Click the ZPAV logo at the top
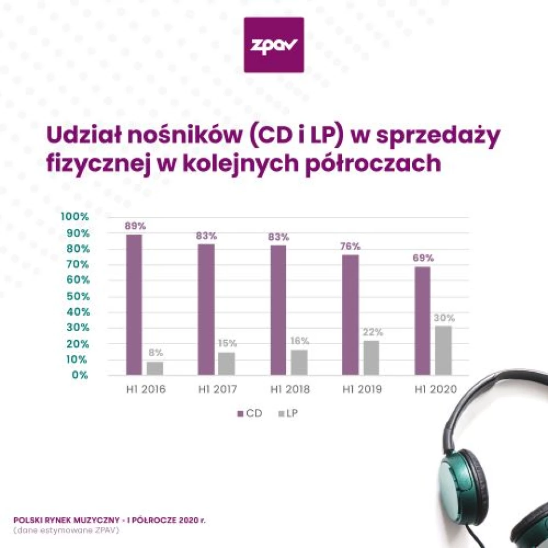[x=273, y=45]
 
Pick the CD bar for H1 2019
[x=350, y=315]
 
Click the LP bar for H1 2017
[x=226, y=363]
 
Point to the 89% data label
[x=135, y=225]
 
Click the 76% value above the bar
[x=350, y=246]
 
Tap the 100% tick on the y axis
[x=75, y=217]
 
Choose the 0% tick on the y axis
[x=80, y=375]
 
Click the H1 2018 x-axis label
[x=291, y=390]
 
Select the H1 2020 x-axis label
[x=436, y=390]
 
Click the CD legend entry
[x=249, y=413]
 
